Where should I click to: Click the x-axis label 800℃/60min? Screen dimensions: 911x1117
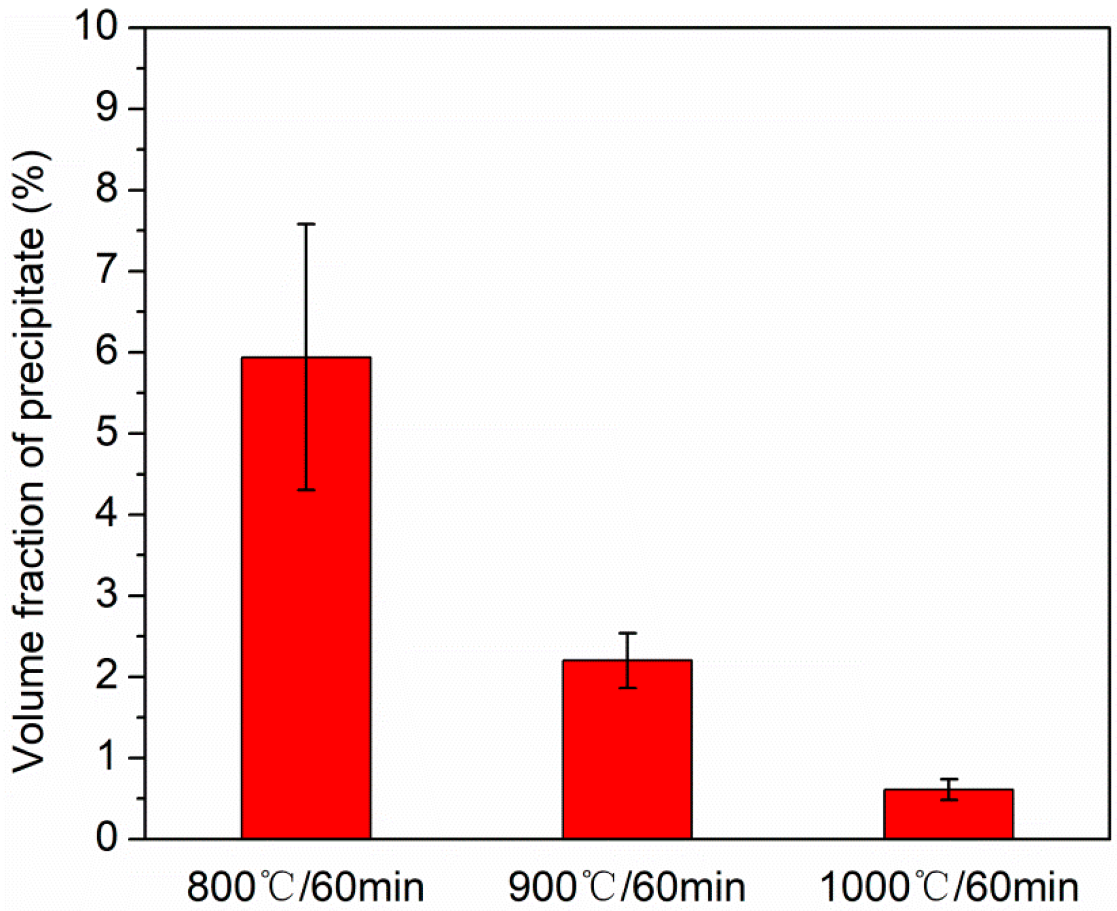click(305, 887)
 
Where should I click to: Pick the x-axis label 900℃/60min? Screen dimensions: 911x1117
click(627, 887)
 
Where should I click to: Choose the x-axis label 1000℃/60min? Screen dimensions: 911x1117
click(949, 887)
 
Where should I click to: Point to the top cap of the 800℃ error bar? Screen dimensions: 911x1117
click(306, 224)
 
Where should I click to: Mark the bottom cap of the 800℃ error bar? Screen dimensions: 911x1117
click(306, 490)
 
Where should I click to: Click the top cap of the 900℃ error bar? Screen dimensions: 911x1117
click(627, 633)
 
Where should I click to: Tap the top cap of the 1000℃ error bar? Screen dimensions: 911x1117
click(948, 779)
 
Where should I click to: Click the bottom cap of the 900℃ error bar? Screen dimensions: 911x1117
click(627, 688)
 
